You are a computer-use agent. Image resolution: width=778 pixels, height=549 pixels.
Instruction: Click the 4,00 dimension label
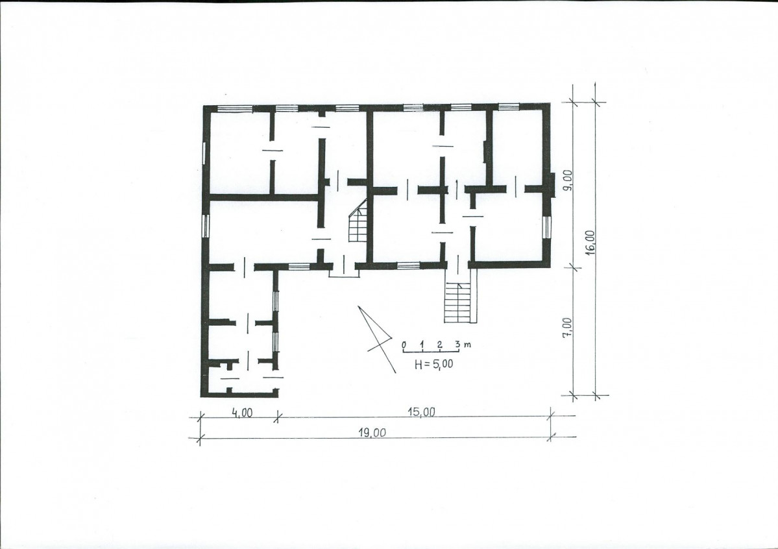[241, 413]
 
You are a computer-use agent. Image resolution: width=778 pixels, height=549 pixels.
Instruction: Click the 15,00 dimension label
[422, 412]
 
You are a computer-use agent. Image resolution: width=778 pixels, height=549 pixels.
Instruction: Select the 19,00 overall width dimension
[372, 432]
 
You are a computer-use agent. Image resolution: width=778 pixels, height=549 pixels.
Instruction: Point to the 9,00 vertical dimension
[568, 180]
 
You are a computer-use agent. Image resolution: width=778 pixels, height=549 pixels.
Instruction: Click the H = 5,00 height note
[434, 364]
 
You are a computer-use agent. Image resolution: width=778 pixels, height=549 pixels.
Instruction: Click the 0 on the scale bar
[404, 344]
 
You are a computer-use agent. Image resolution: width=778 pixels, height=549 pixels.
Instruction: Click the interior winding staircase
[358, 221]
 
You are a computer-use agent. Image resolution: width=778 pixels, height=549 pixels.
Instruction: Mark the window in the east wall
[547, 227]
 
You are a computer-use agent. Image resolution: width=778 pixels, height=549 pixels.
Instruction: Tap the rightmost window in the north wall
[508, 106]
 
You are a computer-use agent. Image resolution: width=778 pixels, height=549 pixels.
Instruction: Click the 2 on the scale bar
[439, 344]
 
